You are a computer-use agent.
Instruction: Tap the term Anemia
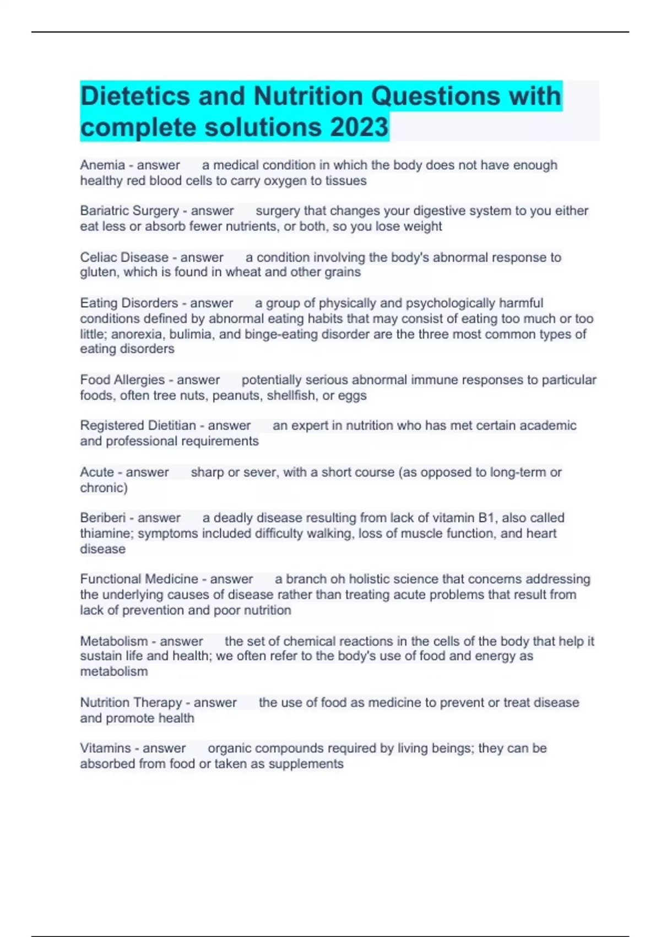[102, 165]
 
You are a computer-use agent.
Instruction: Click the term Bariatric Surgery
[129, 211]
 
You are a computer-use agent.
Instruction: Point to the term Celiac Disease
[124, 257]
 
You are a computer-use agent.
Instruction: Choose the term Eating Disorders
[129, 303]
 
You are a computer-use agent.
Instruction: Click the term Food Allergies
[122, 380]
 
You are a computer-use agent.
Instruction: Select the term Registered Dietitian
[138, 426]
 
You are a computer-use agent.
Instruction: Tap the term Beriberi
[102, 518]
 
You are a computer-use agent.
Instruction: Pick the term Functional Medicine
[139, 579]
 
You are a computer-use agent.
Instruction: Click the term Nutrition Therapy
[131, 703]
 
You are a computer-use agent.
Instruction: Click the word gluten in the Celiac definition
[97, 272]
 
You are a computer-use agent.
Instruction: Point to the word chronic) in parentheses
[104, 488]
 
